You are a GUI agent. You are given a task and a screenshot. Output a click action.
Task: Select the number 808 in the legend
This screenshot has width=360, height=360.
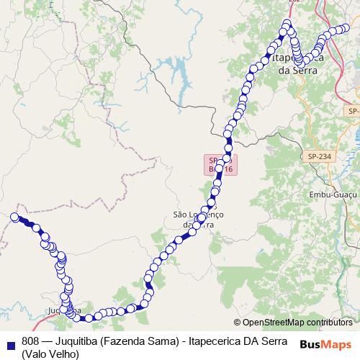click(x=30, y=341)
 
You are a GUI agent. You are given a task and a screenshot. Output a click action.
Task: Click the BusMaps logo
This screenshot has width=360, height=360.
click(x=325, y=345)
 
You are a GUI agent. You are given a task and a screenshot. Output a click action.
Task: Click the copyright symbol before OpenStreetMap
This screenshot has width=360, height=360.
click(x=237, y=323)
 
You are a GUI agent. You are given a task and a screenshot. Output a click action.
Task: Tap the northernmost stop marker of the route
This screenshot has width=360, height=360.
click(x=287, y=23)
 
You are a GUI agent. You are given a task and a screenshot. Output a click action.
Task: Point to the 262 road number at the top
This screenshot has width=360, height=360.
click(x=294, y=2)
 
